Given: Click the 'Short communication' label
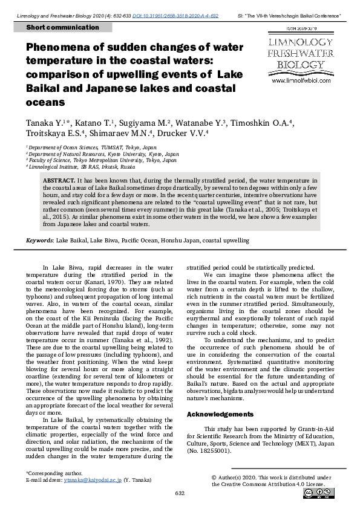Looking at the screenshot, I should (x=55, y=28).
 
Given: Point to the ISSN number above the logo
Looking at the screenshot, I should (x=301, y=28).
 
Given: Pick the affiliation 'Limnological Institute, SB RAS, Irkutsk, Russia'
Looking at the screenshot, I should (x=82, y=166).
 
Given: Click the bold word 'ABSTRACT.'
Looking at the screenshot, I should (x=59, y=181).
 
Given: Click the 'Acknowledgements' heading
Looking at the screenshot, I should (x=220, y=414).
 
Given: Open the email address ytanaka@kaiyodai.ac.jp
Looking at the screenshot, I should (x=95, y=479).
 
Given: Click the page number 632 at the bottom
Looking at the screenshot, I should (x=180, y=494).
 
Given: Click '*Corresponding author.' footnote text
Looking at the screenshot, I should (x=53, y=472).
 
